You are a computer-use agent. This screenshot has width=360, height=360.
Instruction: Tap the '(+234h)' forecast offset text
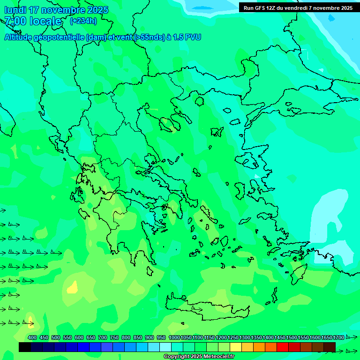[83, 21]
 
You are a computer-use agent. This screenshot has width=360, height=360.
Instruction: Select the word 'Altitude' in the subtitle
[21, 37]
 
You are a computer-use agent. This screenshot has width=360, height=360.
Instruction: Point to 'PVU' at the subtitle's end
[192, 37]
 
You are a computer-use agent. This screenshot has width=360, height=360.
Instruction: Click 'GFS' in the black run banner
[261, 8]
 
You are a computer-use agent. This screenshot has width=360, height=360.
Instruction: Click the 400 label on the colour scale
[32, 338]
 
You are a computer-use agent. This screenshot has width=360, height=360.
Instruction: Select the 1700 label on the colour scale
[338, 338]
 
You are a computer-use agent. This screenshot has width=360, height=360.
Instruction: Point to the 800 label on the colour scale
[126, 338]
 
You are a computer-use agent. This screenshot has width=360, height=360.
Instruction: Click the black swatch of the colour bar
[25, 347]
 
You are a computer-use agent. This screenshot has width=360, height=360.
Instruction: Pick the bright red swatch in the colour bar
[283, 347]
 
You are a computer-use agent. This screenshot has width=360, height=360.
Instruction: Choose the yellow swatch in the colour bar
[236, 347]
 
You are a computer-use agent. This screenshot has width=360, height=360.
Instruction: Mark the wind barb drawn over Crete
[197, 309]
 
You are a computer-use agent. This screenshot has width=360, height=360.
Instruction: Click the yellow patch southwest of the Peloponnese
[72, 286]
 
